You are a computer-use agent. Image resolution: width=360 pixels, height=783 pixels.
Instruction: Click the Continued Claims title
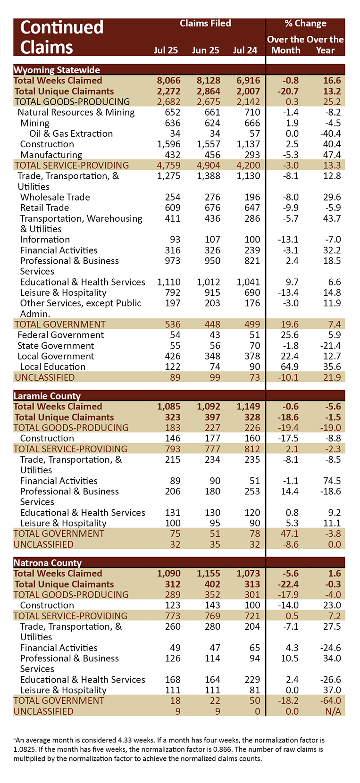61,37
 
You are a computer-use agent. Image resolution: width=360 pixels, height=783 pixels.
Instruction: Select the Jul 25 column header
166,50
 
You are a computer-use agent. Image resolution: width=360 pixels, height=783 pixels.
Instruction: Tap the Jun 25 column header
206,50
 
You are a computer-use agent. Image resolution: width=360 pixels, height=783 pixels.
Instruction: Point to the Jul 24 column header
245,50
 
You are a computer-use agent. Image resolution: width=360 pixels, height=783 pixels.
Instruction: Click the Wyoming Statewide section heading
57,70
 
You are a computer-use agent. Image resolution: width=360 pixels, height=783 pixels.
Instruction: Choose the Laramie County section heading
47,396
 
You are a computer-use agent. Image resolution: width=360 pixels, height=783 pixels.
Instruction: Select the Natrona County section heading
48,563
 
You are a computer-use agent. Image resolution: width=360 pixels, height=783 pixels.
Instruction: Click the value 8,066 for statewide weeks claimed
168,81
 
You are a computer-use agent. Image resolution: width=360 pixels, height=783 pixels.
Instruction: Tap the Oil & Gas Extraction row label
71,134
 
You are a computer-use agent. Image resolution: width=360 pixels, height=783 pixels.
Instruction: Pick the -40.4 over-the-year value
330,134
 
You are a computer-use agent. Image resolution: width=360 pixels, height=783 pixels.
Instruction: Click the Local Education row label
53,367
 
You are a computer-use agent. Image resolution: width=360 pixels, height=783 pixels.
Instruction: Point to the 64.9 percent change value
288,367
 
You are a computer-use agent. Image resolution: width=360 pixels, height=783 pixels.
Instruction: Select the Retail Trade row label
44,208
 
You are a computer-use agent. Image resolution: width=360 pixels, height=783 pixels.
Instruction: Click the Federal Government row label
61,335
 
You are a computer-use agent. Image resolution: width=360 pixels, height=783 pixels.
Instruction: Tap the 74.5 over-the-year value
332,481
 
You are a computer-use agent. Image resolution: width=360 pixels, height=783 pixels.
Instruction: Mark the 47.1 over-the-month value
289,534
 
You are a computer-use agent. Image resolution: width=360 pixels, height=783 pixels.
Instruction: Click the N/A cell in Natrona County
333,711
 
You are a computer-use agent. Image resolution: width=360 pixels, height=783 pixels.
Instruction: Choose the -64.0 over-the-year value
330,701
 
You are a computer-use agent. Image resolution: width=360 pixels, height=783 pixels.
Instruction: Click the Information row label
45,240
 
